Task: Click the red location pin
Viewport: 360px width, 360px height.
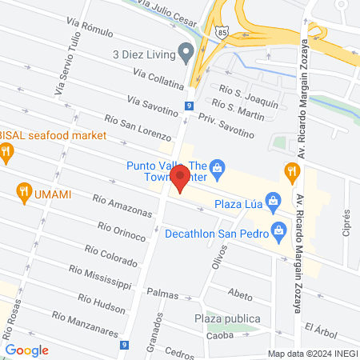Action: [181, 178]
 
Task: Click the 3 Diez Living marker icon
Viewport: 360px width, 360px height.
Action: [187, 54]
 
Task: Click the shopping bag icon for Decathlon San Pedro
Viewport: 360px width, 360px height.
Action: [279, 234]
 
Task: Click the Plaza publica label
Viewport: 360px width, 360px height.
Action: [226, 319]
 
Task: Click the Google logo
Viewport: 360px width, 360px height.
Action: [26, 350]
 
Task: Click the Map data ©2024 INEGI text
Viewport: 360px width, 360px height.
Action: [312, 354]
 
